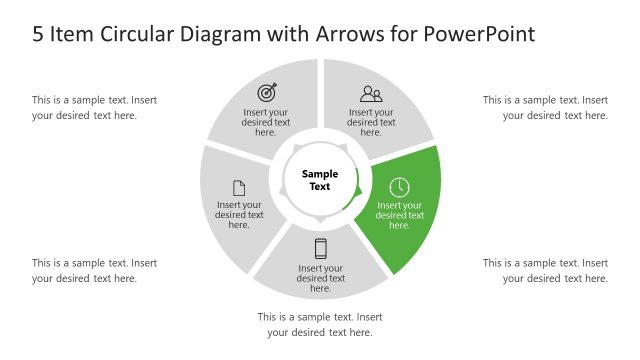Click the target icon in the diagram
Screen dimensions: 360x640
266,93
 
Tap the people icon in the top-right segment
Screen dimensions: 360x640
371,94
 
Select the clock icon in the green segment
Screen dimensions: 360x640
399,187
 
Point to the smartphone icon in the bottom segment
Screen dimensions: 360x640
321,248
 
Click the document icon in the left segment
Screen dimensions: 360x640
239,187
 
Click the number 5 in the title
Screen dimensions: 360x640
38,34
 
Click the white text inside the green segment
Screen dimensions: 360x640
399,215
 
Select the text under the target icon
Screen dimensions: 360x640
266,122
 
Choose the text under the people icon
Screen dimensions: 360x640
371,122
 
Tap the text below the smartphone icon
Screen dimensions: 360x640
321,278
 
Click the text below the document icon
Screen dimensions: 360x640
239,215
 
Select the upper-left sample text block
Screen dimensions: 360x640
94,107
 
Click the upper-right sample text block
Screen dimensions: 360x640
545,107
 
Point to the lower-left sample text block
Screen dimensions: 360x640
94,270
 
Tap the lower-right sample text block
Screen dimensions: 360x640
545,270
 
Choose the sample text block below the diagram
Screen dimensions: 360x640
320,324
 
